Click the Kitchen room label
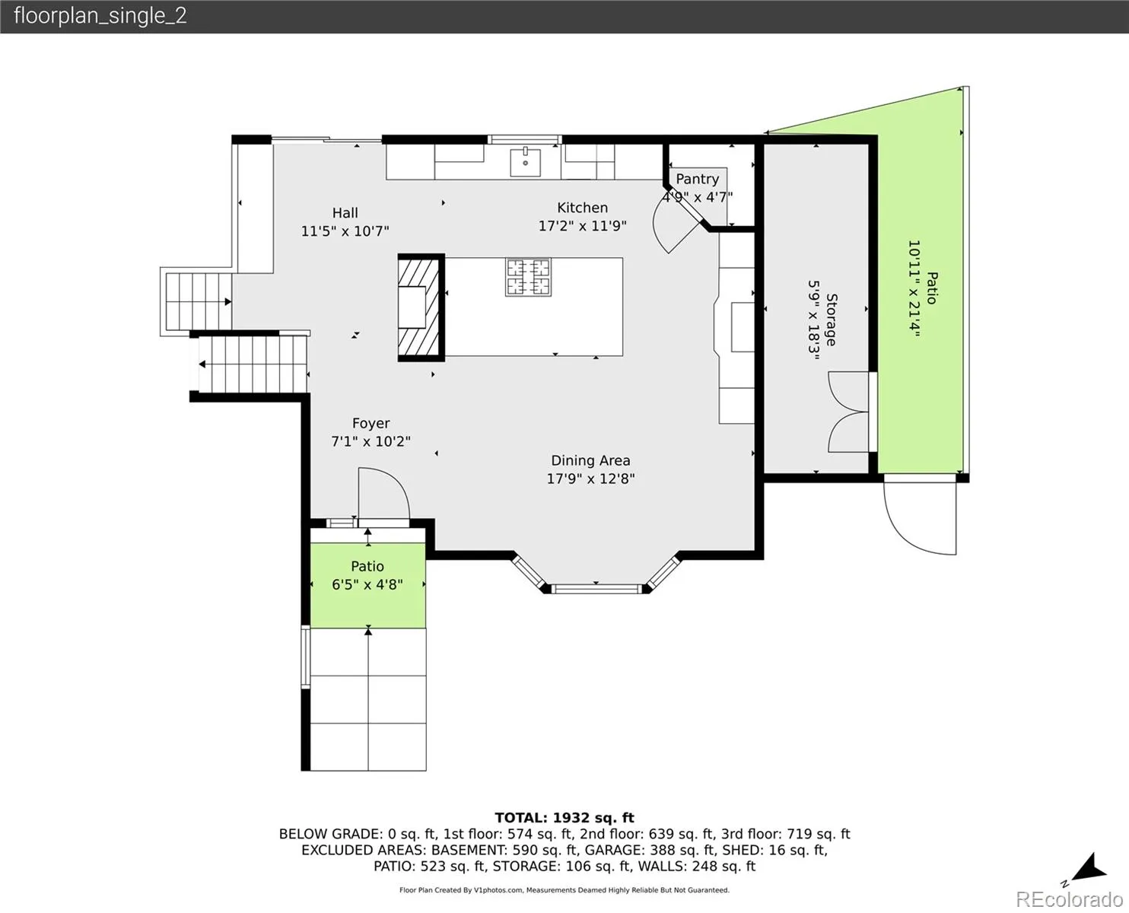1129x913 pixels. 582,208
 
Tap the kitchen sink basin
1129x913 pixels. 525,162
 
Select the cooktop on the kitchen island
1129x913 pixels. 528,277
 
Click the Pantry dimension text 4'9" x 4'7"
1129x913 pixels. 697,197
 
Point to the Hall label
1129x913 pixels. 345,213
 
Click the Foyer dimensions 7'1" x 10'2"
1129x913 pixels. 371,441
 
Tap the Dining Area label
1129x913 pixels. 590,460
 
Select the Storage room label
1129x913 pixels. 831,320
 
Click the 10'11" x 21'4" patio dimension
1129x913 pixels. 914,288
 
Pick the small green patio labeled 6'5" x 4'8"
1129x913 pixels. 368,586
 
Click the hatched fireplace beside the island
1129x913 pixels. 421,308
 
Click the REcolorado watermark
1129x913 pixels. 1069,899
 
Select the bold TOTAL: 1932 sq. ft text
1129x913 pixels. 564,818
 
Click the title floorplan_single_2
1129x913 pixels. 100,16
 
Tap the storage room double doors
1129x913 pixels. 848,412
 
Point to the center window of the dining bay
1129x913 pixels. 596,588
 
